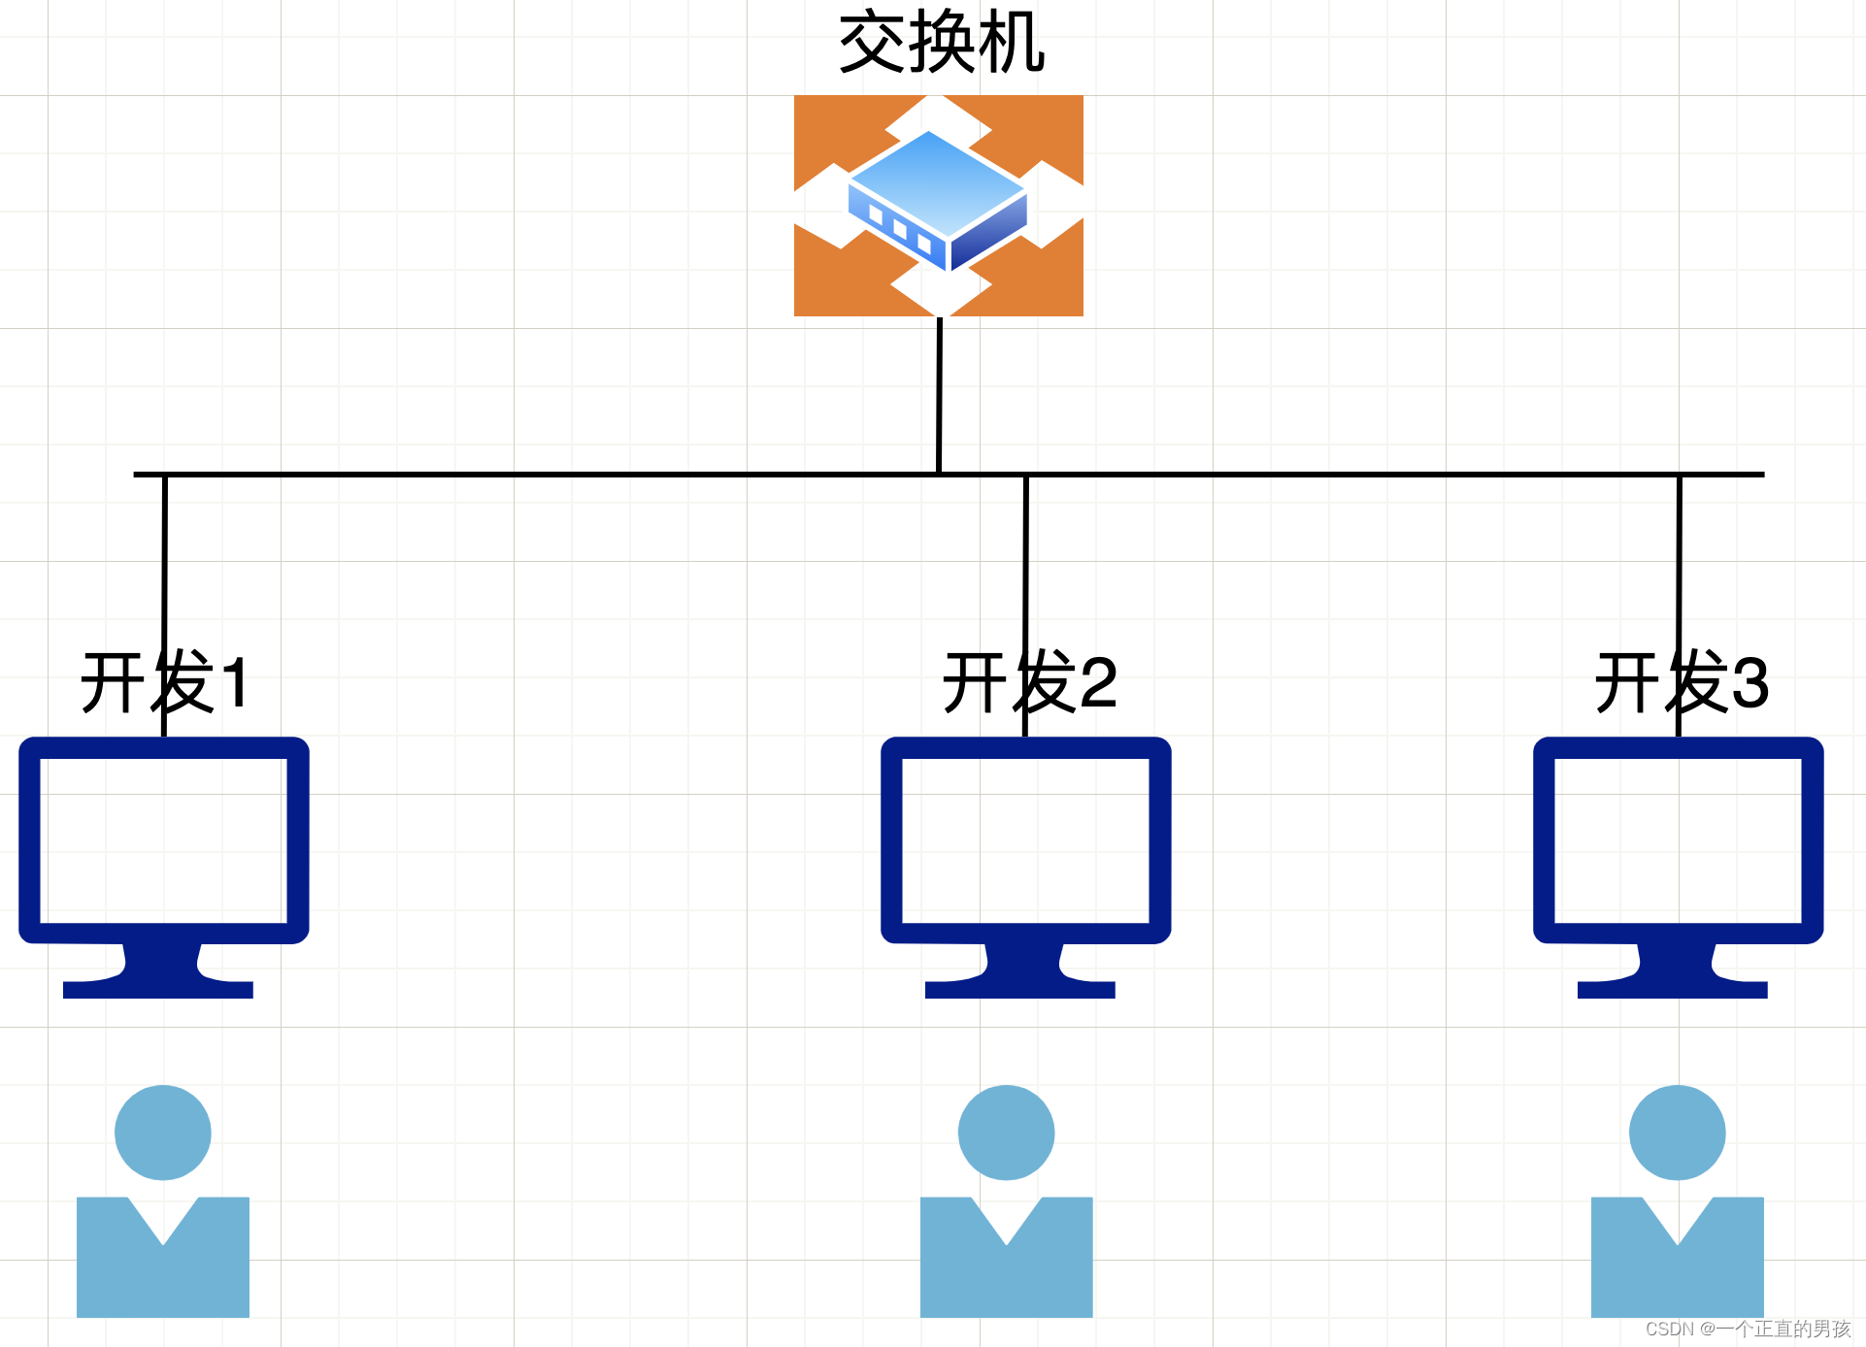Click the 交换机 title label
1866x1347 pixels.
(x=941, y=44)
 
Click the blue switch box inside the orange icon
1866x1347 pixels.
(x=936, y=199)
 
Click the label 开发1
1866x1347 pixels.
(x=165, y=683)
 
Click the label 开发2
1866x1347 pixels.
(x=1029, y=683)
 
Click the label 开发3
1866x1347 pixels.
(x=1682, y=683)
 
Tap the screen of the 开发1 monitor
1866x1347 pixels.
(x=163, y=840)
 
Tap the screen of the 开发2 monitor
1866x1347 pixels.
(x=1025, y=840)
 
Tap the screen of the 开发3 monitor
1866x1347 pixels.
(x=1678, y=840)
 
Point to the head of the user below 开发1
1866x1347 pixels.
(x=163, y=1132)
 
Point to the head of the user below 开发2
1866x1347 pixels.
(x=1006, y=1132)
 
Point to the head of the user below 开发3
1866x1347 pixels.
(x=1677, y=1132)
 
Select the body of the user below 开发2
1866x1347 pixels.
(x=1006, y=1276)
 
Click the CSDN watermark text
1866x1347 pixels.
(x=1748, y=1329)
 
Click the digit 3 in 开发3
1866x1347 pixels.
(x=1749, y=683)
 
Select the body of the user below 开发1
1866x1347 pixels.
(x=163, y=1276)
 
